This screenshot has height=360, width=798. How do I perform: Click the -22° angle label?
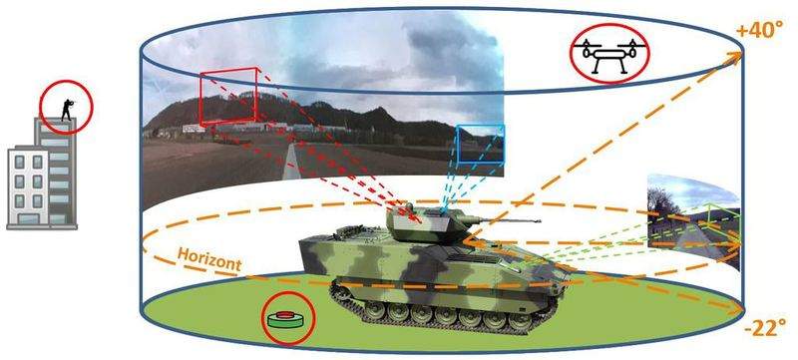pyautogui.click(x=761, y=329)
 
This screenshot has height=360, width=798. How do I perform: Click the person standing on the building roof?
pyautogui.click(x=67, y=110)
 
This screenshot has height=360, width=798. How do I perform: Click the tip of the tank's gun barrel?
pyautogui.click(x=540, y=220)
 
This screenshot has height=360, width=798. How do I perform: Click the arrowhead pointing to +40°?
pyautogui.click(x=734, y=57)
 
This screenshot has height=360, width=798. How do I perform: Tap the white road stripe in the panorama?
pyautogui.click(x=291, y=162)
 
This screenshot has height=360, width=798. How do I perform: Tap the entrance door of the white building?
pyautogui.click(x=29, y=219)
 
